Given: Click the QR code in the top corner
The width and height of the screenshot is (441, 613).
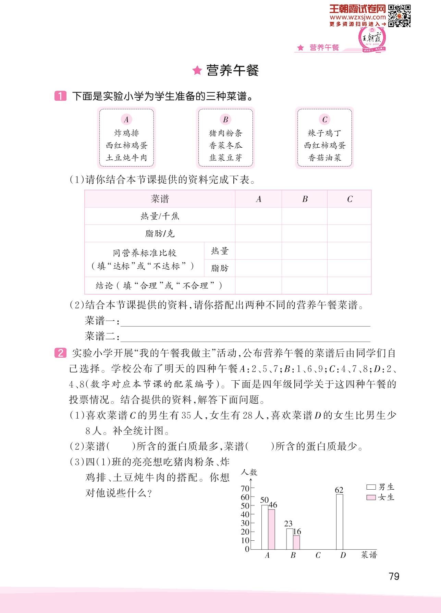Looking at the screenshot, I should click(x=399, y=15).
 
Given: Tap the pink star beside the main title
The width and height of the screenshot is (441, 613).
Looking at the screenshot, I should click(x=197, y=71).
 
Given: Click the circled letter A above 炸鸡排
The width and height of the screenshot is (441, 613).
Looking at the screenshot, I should click(x=126, y=119).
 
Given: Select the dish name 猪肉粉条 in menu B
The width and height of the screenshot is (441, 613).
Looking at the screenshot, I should click(x=225, y=133).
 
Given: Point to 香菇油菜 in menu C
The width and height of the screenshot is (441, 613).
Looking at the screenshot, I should click(x=324, y=158).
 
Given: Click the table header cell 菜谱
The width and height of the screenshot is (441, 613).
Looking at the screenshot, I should click(x=160, y=199).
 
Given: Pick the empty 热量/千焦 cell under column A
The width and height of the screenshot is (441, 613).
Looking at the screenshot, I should click(x=258, y=216).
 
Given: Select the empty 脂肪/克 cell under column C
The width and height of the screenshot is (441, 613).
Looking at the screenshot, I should click(x=349, y=234).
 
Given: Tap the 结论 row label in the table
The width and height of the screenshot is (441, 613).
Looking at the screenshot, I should click(x=159, y=286).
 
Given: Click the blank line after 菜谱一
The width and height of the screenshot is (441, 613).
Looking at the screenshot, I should click(x=245, y=322).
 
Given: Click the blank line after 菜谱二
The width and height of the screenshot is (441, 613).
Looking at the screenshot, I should click(x=245, y=338).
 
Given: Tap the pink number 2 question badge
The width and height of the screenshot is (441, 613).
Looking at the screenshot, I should click(x=60, y=353).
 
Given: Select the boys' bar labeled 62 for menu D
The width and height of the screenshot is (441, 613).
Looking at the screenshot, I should click(x=339, y=522).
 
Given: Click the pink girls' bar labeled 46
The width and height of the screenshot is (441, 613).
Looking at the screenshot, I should click(x=271, y=529).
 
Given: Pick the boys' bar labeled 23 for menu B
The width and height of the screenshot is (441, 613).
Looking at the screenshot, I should click(x=290, y=539).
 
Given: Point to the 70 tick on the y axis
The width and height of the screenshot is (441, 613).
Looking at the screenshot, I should click(x=245, y=488).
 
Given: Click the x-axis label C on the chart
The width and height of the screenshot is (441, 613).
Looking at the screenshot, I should click(x=318, y=555).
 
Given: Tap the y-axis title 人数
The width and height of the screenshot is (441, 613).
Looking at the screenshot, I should click(x=249, y=472).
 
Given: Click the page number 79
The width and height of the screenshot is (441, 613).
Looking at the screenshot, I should click(x=394, y=576).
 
